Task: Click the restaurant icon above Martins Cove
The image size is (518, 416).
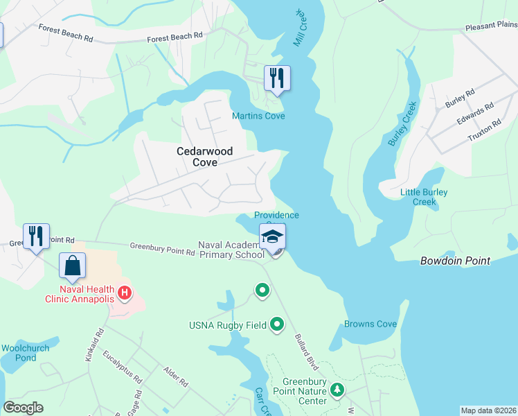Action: click(x=277, y=78)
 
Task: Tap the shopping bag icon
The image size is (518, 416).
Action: click(x=73, y=266)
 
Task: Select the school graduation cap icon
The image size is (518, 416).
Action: click(x=272, y=236)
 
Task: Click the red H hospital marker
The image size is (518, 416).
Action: click(x=125, y=293)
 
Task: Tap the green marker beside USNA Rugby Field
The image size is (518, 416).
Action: click(x=277, y=324)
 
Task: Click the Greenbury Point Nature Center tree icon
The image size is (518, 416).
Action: click(x=337, y=391)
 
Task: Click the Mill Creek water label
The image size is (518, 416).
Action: click(x=299, y=28)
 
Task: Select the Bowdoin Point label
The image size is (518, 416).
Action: click(x=455, y=261)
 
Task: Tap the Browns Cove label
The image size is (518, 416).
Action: click(x=370, y=324)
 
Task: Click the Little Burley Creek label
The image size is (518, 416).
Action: click(x=424, y=197)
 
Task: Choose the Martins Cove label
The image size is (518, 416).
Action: click(x=258, y=116)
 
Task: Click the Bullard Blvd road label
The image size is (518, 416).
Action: click(x=305, y=354)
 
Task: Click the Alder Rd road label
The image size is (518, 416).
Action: click(x=176, y=377)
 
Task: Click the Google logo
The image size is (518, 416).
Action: click(x=23, y=408)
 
